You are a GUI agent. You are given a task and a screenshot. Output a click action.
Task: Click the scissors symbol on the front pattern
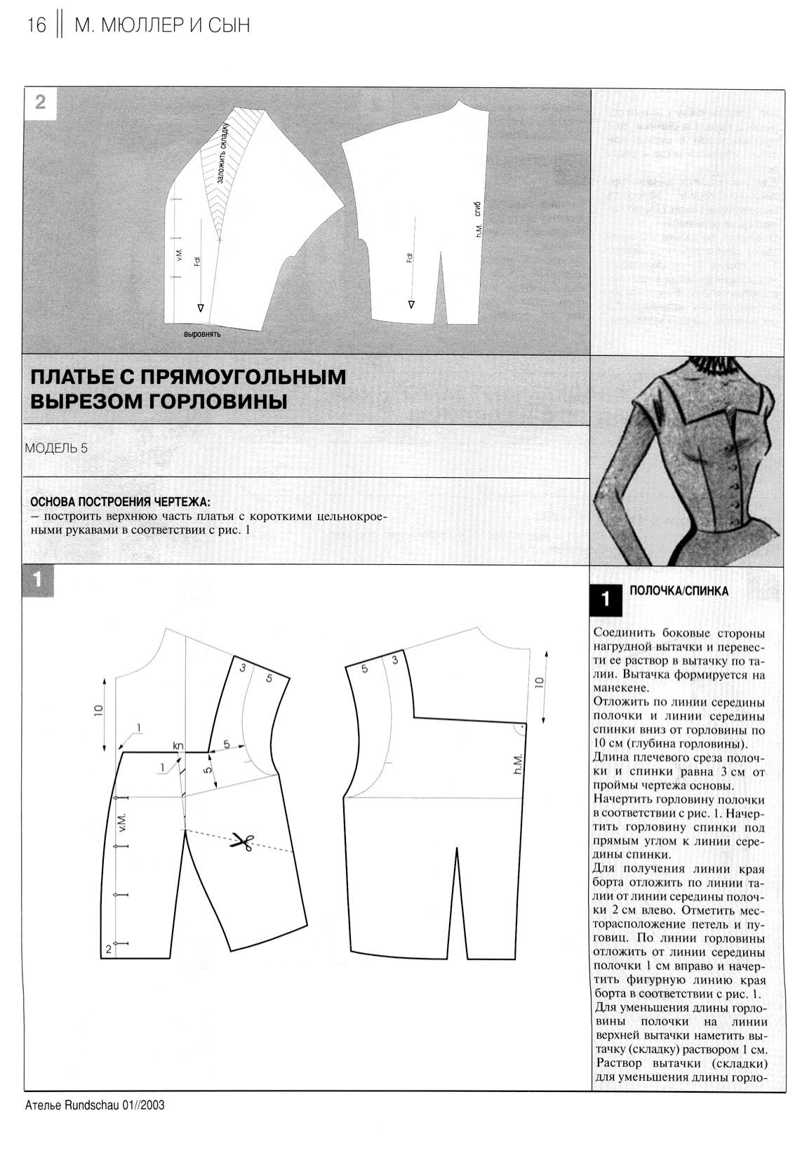pyautogui.click(x=243, y=842)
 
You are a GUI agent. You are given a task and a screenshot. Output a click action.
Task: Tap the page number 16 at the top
pyautogui.click(x=36, y=26)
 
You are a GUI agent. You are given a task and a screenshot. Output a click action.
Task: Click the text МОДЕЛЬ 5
pyautogui.click(x=56, y=448)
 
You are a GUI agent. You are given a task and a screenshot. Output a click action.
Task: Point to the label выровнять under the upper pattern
pyautogui.click(x=202, y=334)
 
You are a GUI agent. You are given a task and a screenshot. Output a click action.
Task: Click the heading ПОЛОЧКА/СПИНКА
pyautogui.click(x=679, y=592)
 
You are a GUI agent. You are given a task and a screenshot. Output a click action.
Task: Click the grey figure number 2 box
pyautogui.click(x=40, y=102)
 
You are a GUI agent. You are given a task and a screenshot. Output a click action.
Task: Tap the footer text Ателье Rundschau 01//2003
pyautogui.click(x=94, y=1105)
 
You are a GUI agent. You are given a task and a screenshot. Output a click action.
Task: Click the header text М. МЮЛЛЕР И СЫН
pyautogui.click(x=161, y=26)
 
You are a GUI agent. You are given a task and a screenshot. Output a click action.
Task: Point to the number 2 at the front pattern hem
pyautogui.click(x=108, y=949)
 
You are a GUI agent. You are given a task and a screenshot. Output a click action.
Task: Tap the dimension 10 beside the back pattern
pyautogui.click(x=539, y=681)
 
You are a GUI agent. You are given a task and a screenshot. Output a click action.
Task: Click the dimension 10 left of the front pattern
pyautogui.click(x=99, y=710)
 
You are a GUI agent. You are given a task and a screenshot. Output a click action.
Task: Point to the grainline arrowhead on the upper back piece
pyautogui.click(x=411, y=304)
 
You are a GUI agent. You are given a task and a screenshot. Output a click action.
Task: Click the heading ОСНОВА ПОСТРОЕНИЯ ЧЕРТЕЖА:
pyautogui.click(x=119, y=502)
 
